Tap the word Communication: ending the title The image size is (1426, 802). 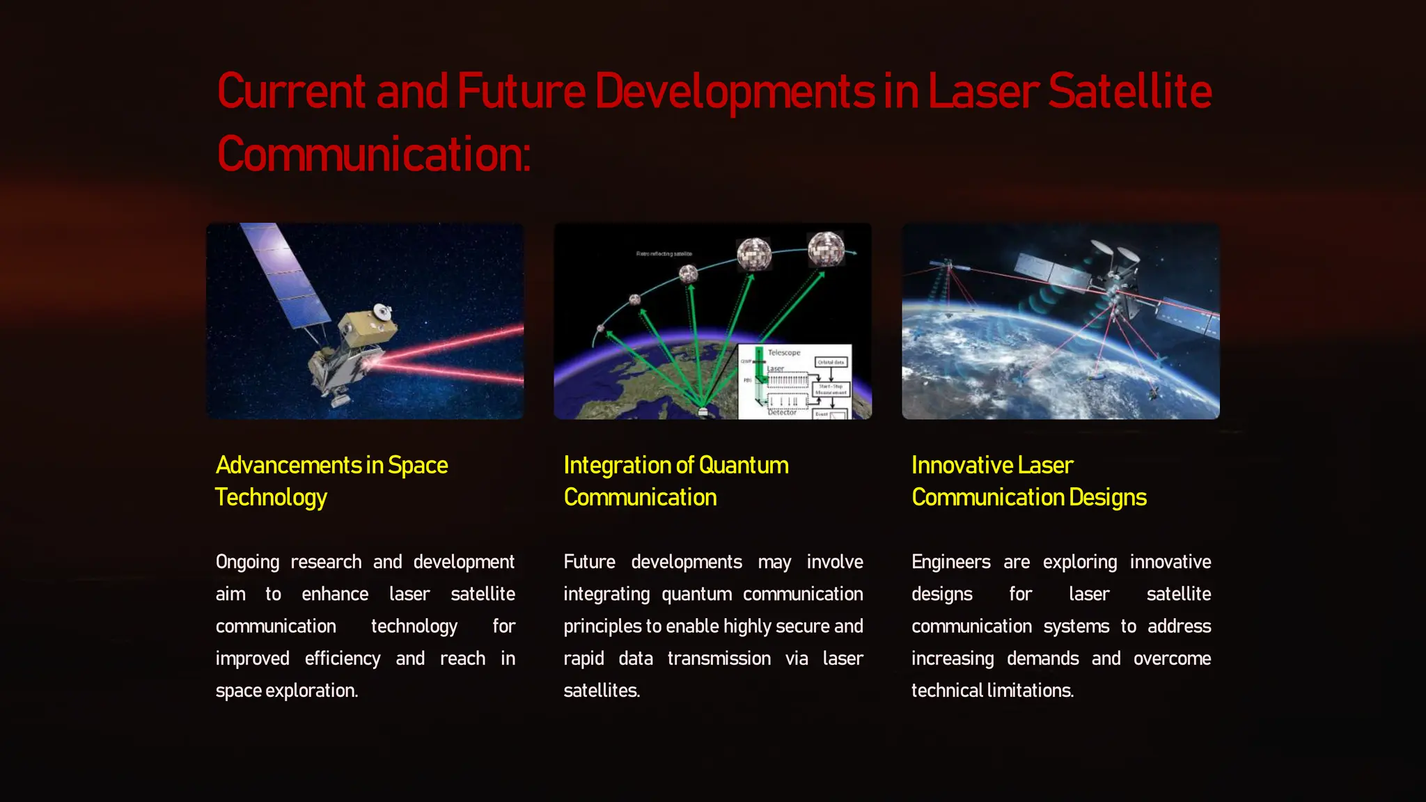[374, 155]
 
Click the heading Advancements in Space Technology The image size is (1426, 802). [331, 481]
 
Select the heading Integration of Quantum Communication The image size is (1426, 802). [675, 481]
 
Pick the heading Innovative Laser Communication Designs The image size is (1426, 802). [1028, 481]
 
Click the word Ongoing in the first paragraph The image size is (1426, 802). [247, 562]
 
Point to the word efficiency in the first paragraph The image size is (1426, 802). [343, 659]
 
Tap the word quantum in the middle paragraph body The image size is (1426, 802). [696, 594]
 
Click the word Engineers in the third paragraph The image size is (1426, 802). [950, 562]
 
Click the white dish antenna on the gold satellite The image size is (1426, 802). [382, 311]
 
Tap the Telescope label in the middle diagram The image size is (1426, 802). [784, 352]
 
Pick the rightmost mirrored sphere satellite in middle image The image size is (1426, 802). [826, 249]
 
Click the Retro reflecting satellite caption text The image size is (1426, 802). [664, 254]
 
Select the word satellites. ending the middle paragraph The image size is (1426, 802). [602, 691]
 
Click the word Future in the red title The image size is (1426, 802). [521, 92]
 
